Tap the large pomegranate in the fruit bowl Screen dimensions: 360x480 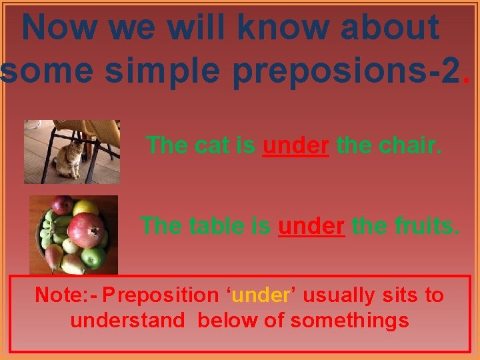[87, 230]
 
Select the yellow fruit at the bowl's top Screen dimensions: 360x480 [85, 207]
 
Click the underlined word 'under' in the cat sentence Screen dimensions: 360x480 [295, 145]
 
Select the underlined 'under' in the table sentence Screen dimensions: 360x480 [311, 226]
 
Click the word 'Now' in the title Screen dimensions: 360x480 [56, 28]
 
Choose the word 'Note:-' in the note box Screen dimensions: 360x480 [66, 295]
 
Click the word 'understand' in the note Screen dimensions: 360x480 [127, 321]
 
